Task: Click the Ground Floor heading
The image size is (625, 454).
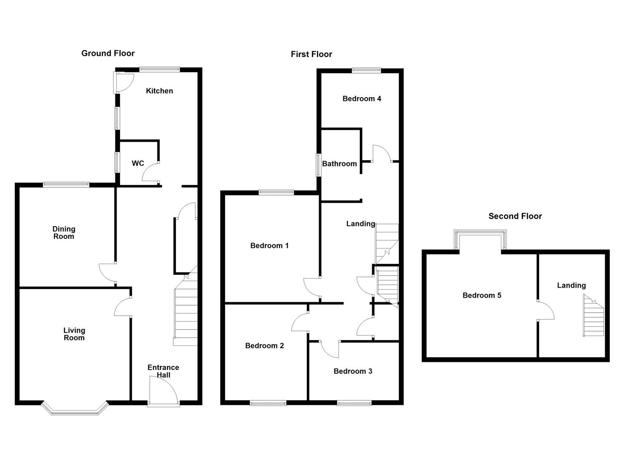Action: coord(108,53)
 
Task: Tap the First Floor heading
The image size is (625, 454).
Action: coord(311,54)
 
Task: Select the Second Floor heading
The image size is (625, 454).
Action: coord(515,216)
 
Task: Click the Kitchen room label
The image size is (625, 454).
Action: coord(159,91)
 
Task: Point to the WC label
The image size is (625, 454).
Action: coord(138,163)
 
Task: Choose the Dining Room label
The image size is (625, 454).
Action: coord(64,232)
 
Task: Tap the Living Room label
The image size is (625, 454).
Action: coord(74,334)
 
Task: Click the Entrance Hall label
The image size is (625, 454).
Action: coord(163,371)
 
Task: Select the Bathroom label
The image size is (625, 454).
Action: coord(339,164)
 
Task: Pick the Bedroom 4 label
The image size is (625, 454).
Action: coord(362,99)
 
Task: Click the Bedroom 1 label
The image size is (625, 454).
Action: coord(269,245)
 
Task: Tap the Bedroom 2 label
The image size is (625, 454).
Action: coord(264,346)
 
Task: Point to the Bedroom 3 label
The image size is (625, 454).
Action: coord(353,371)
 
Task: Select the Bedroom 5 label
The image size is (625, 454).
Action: coord(482,296)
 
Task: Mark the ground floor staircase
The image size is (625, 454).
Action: coord(186,311)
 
